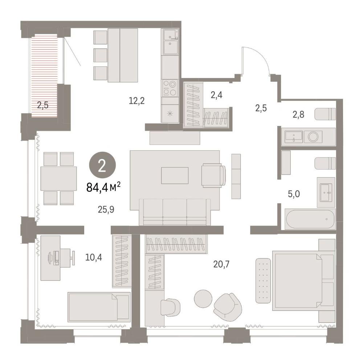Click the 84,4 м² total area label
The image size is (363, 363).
103,187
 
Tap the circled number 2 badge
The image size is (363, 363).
102,165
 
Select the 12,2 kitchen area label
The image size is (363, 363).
137,101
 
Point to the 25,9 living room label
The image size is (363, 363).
106,209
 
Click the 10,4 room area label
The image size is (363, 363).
94,257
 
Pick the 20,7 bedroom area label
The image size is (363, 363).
221,264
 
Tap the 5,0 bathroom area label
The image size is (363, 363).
294,194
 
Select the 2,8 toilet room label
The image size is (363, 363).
298,114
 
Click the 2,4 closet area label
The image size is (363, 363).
216,95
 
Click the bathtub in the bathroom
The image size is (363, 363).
310,219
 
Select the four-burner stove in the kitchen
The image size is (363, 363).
170,88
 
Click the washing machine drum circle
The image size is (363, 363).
313,136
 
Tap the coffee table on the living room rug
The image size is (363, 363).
175,175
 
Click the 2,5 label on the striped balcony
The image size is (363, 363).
43,106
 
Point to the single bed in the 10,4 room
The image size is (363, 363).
99,307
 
